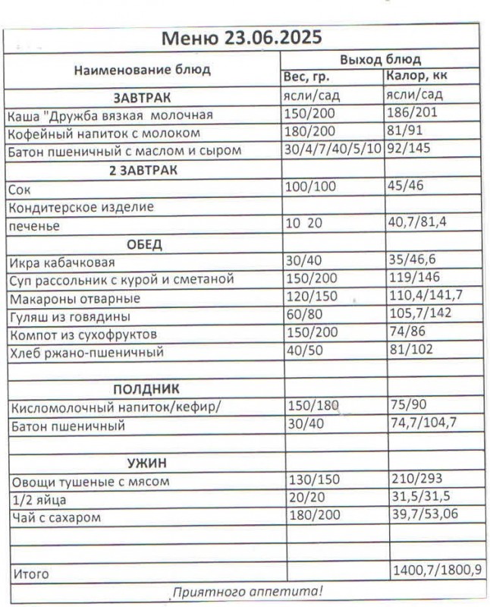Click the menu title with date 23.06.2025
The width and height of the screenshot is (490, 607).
[242, 37]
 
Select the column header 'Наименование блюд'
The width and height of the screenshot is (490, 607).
[143, 70]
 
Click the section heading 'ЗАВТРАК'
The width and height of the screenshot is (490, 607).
[143, 98]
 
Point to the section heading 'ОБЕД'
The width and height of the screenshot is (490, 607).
[144, 244]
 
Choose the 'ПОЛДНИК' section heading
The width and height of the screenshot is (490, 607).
[144, 389]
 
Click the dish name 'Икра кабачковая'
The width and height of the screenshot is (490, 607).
[62, 263]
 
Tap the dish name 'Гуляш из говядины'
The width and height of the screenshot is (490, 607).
[70, 316]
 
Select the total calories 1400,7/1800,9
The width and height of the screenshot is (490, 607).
[435, 571]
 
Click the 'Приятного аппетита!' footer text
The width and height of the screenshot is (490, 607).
[247, 591]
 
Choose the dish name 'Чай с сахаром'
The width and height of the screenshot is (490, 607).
[57, 518]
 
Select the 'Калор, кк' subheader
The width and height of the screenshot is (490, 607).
[416, 77]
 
